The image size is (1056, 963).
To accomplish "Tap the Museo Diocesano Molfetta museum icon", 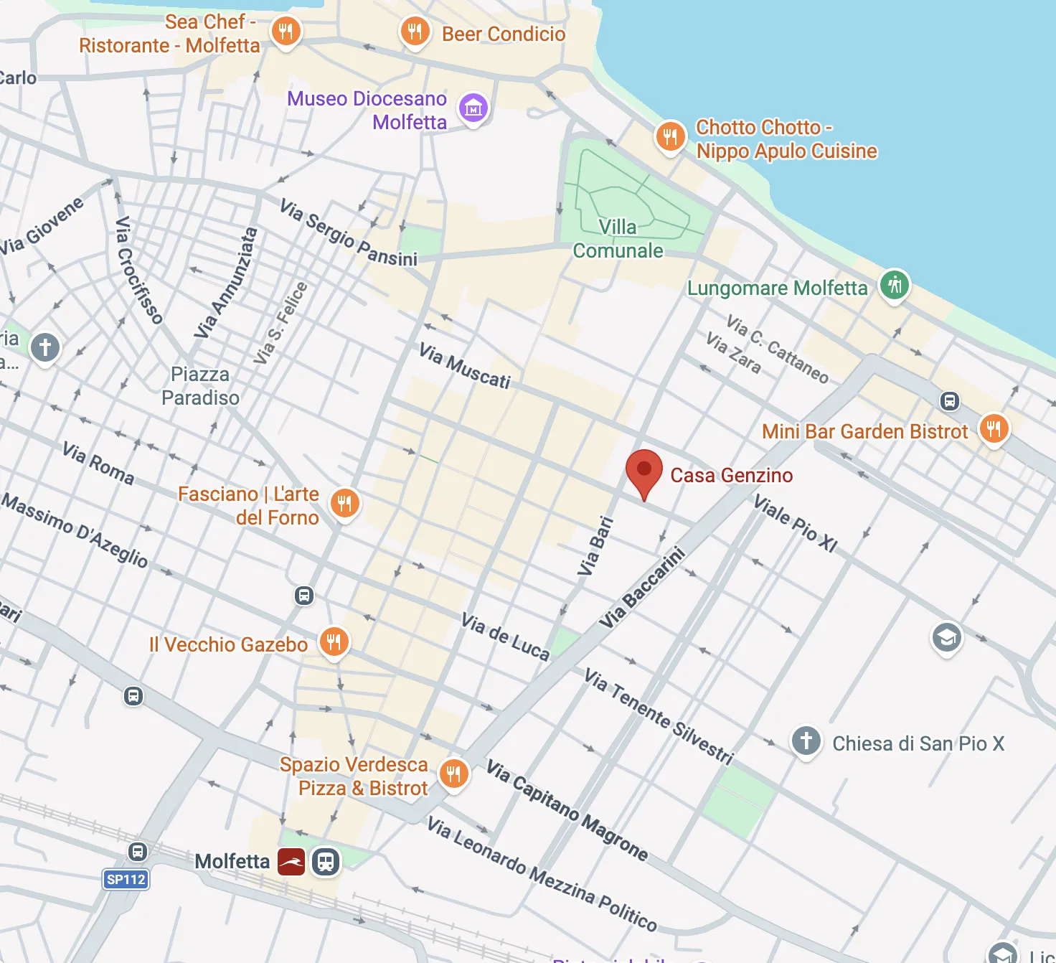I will point(473,109).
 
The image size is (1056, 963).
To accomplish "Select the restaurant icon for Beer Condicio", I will point(415,32).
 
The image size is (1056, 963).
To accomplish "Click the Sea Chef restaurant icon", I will point(286,32).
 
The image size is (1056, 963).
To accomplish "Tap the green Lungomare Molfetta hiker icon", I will point(894,285).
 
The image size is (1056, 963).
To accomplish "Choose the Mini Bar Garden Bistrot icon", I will point(994,429).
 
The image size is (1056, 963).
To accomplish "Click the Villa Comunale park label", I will point(618,239).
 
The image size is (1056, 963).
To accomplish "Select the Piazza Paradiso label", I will point(200,386).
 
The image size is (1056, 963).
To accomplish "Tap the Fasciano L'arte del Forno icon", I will point(344,503).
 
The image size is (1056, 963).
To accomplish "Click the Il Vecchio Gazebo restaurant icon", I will point(334,642).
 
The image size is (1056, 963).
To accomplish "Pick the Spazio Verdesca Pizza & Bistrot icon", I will point(453,774).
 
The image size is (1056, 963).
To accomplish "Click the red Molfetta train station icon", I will point(291,861).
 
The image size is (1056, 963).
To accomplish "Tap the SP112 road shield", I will point(126,879).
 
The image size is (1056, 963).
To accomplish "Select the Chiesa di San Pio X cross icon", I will point(806,741).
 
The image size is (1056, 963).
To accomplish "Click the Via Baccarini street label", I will point(643,588).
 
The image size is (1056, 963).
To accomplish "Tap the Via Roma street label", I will point(98,464).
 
